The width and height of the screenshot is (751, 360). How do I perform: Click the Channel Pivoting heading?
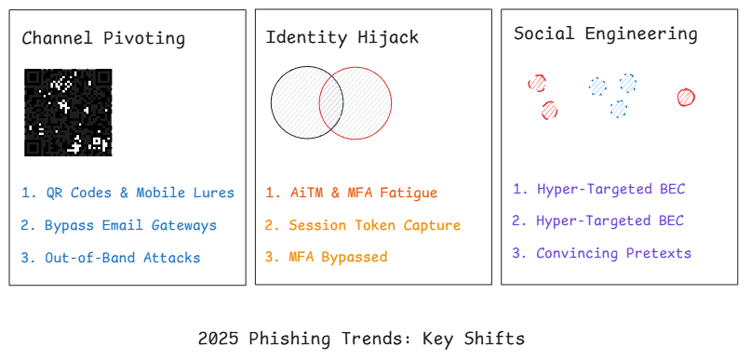(x=103, y=39)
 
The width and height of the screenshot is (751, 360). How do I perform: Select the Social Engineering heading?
(x=605, y=34)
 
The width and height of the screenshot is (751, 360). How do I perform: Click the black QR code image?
(x=68, y=112)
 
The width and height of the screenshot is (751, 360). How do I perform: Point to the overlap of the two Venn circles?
(x=331, y=102)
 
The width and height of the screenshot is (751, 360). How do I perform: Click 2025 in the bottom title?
(x=218, y=339)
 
